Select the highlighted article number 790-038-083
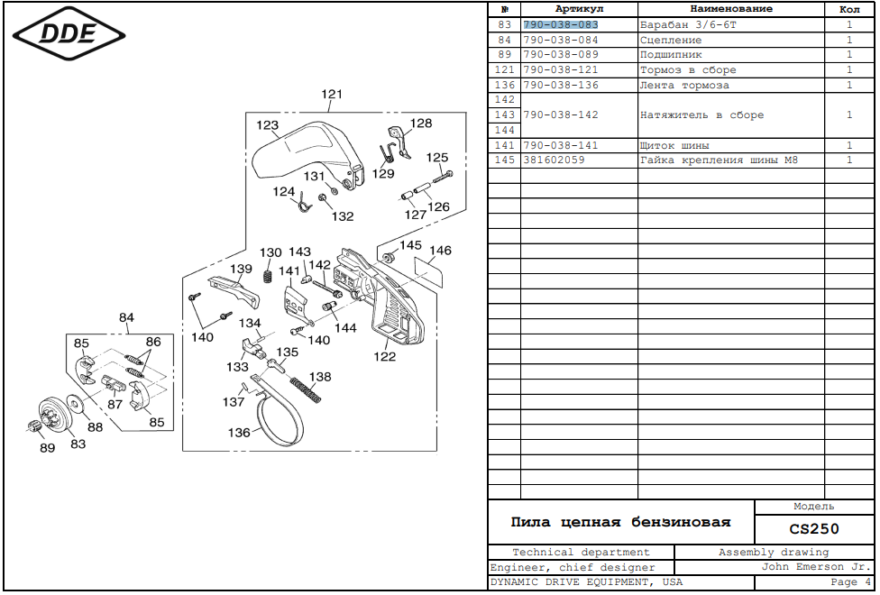click(560, 24)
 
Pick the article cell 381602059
click(554, 160)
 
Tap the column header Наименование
click(731, 8)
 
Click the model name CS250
click(813, 529)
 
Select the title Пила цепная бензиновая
click(620, 522)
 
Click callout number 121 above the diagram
click(333, 95)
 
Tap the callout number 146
click(440, 251)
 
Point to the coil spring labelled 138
click(307, 393)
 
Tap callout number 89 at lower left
click(47, 448)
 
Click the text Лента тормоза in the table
click(684, 86)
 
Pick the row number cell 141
click(505, 145)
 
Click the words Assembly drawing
click(773, 552)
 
